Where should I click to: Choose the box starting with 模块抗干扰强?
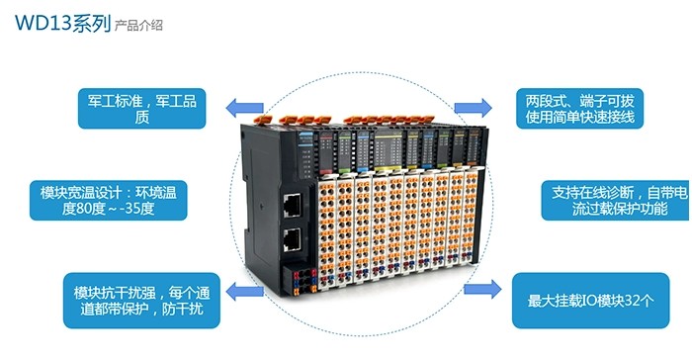(139, 301)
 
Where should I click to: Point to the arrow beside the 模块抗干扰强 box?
(238, 291)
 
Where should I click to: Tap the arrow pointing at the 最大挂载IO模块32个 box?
(482, 291)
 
